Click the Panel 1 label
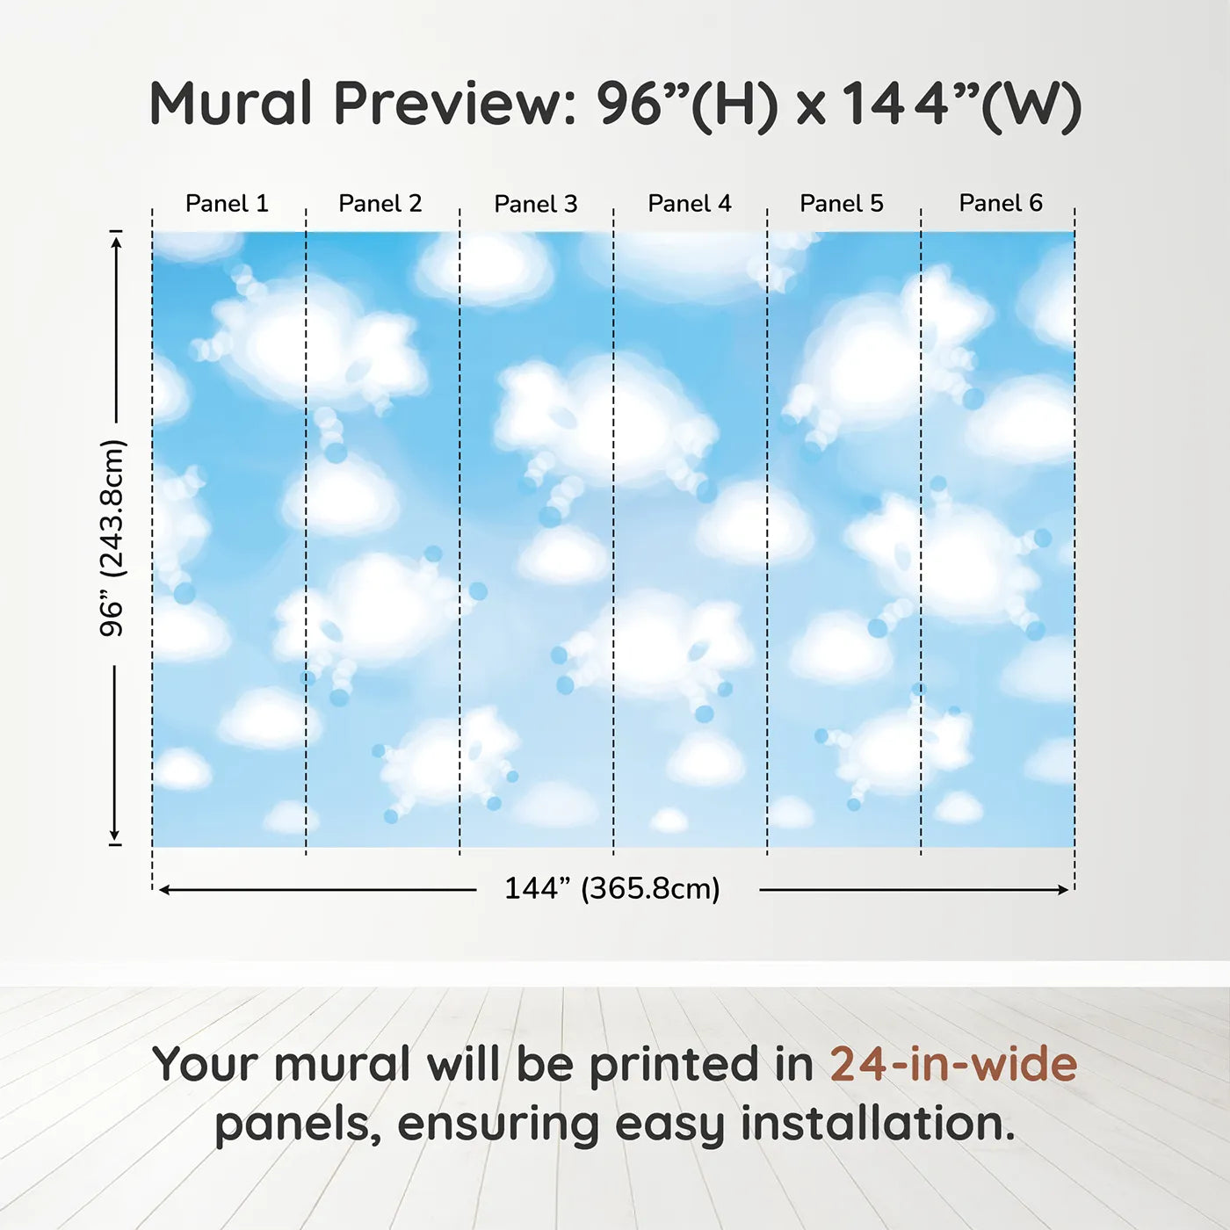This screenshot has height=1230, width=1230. (227, 203)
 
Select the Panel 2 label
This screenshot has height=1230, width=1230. (380, 203)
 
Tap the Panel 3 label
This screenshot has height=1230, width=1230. (536, 204)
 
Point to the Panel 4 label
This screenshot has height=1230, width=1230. (690, 203)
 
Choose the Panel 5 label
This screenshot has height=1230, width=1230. (842, 203)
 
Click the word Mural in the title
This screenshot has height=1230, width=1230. (230, 103)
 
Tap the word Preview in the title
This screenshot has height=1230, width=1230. (455, 104)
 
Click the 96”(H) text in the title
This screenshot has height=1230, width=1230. (687, 105)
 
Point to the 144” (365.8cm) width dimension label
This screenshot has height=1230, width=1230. (612, 888)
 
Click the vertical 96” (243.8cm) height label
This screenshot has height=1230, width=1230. (112, 538)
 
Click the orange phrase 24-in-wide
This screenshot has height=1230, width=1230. (953, 1064)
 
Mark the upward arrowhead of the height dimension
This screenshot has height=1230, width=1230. (115, 242)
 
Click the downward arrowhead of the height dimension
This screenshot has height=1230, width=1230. (115, 835)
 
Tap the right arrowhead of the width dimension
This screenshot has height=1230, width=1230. (1061, 890)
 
